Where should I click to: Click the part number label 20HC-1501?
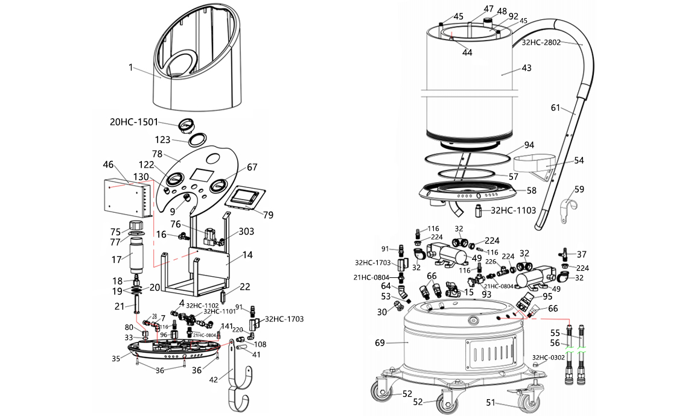134,122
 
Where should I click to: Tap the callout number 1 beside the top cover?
130,68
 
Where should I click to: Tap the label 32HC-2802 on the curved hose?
541,43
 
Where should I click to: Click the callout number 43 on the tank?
526,68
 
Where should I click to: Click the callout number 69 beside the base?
380,343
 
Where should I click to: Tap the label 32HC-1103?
514,210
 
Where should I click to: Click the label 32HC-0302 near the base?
548,357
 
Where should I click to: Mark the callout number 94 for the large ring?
529,145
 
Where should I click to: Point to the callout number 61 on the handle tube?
556,108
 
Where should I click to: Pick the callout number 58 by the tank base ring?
531,190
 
